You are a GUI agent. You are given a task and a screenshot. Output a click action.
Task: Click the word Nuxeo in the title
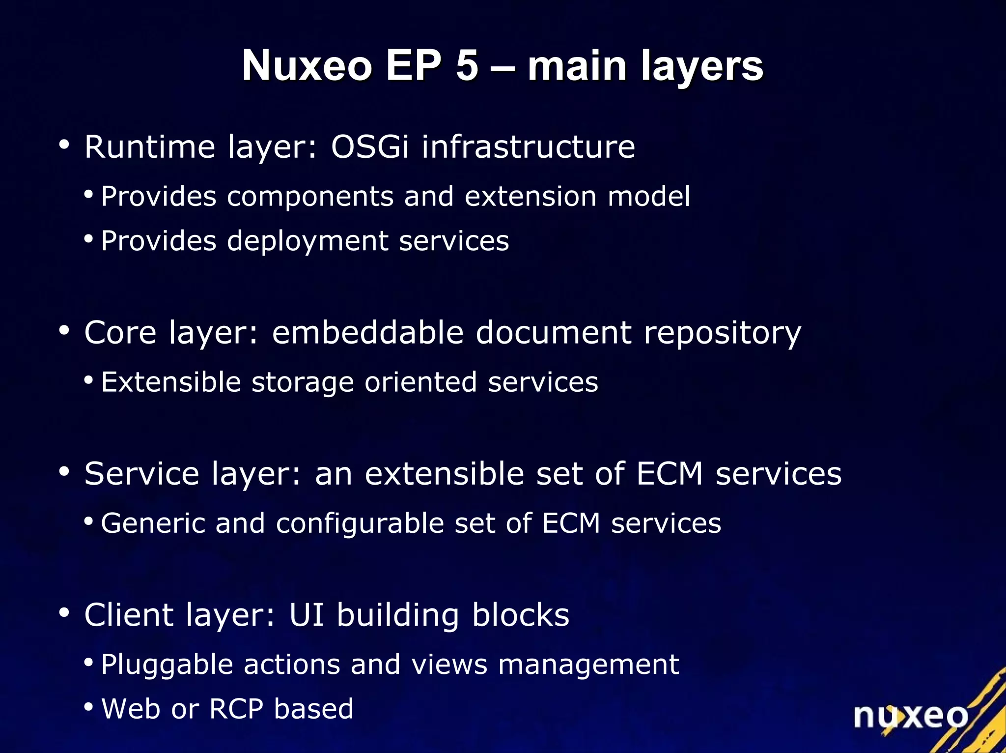[307, 65]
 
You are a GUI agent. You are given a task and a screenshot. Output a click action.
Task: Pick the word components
[310, 197]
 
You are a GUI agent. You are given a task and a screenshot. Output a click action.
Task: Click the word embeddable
[367, 332]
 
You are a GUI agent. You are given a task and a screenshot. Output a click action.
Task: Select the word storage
[302, 382]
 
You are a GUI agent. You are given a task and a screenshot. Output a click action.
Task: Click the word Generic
[153, 523]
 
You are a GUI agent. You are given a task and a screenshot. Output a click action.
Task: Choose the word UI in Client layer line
[307, 615]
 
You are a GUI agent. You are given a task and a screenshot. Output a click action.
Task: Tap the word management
[588, 665]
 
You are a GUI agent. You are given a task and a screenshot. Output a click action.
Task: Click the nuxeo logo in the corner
[910, 716]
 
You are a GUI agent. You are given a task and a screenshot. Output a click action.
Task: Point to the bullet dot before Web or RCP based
[88, 707]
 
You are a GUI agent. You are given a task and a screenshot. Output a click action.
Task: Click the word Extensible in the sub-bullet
[170, 382]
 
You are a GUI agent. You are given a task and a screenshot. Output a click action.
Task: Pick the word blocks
[520, 615]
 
